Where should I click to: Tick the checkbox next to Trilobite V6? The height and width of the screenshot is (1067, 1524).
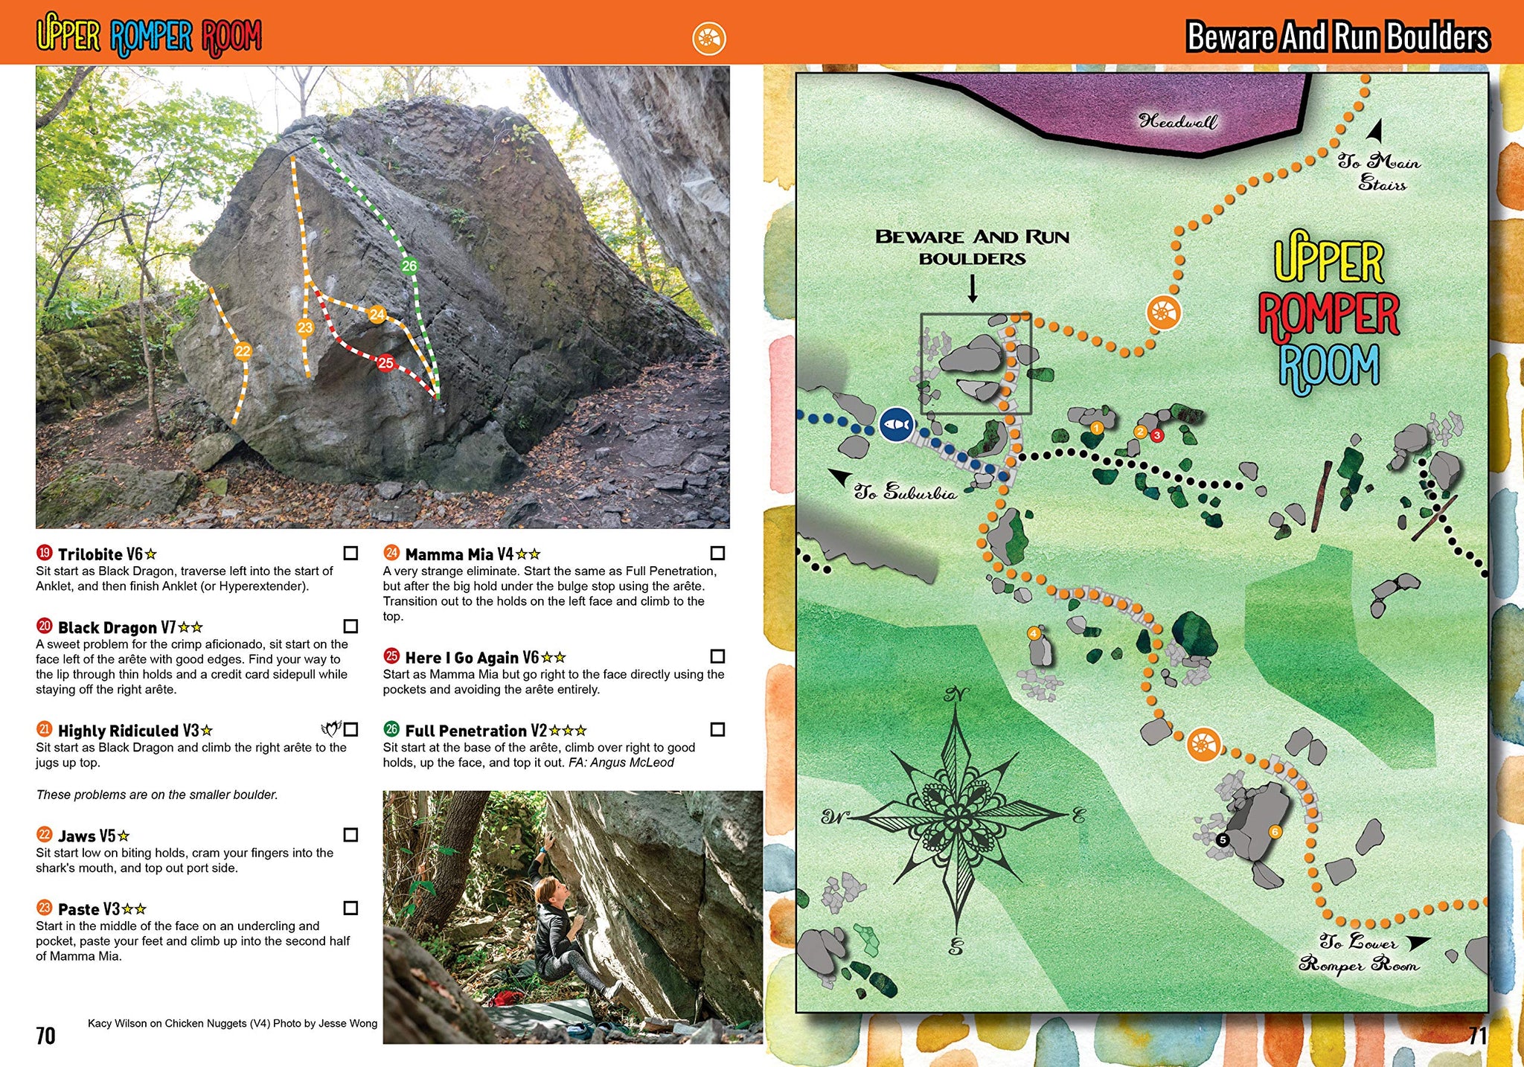(x=350, y=553)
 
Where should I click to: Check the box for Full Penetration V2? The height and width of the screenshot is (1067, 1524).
(x=717, y=729)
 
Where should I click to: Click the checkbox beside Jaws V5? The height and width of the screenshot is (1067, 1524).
(x=350, y=835)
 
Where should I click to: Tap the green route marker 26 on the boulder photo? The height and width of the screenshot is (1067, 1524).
(x=409, y=266)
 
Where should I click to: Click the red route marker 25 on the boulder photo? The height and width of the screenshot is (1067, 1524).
(x=385, y=363)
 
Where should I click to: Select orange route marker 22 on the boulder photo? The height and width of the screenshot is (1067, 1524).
(x=243, y=351)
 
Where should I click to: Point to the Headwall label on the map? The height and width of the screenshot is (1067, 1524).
(x=1178, y=121)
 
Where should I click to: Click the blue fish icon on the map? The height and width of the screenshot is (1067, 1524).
(x=897, y=425)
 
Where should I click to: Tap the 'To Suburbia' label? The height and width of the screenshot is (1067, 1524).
(x=904, y=492)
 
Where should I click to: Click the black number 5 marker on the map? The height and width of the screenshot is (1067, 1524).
(x=1222, y=840)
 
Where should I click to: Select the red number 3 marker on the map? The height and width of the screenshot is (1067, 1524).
(x=1157, y=435)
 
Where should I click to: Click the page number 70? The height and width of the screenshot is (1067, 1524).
(x=45, y=1035)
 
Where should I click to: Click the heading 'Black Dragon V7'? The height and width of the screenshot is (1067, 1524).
(x=116, y=627)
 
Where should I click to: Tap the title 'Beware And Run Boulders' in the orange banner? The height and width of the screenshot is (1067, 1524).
(x=1337, y=36)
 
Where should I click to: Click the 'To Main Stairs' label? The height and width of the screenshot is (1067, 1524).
(x=1380, y=172)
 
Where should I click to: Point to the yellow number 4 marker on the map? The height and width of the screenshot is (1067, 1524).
(x=1034, y=633)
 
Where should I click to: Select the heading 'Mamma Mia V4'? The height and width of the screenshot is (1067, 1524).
(x=458, y=554)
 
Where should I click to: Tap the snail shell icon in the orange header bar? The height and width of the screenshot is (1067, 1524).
(x=708, y=38)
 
